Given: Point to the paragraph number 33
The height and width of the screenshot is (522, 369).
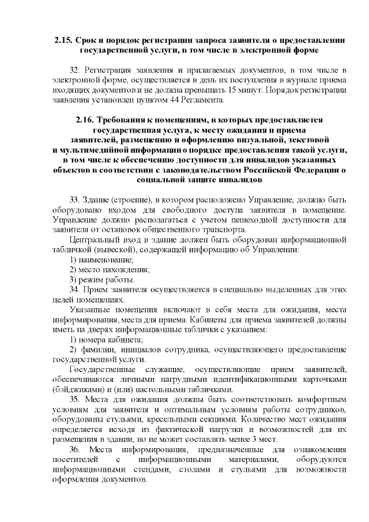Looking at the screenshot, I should [74, 199].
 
